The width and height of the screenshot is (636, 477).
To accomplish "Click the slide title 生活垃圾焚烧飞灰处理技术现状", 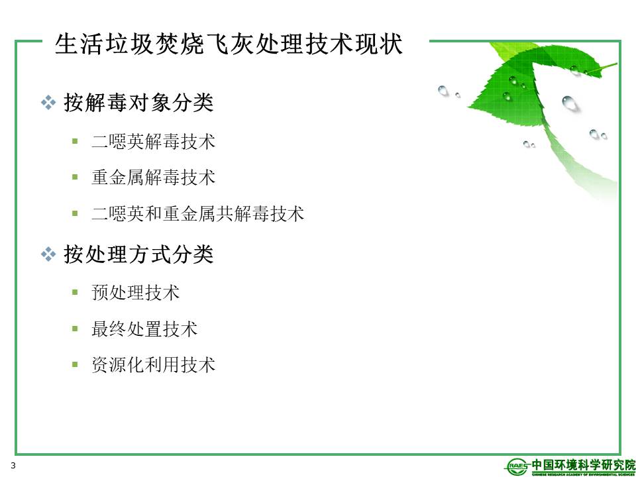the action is (229, 44).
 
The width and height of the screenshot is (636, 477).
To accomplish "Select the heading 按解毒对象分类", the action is (138, 102).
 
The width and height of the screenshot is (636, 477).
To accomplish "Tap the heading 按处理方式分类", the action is (138, 254).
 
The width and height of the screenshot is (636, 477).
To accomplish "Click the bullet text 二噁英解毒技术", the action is (153, 142).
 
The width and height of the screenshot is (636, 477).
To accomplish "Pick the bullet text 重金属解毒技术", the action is (153, 178).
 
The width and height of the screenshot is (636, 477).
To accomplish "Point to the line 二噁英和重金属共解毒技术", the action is (198, 213).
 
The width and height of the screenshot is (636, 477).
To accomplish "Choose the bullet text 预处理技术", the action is (135, 292).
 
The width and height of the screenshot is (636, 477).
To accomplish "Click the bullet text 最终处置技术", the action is (144, 329).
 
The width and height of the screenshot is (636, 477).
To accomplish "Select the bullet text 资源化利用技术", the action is (153, 364).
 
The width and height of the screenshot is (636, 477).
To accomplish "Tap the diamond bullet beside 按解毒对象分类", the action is (48, 103).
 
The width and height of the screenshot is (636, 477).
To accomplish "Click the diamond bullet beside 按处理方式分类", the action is (48, 254).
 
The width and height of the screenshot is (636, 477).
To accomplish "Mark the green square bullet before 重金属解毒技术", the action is (75, 177).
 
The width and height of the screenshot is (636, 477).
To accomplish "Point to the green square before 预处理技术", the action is (75, 292).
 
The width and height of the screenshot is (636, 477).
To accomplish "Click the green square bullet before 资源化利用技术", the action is (75, 364).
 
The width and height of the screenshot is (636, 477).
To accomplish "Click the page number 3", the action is (13, 465).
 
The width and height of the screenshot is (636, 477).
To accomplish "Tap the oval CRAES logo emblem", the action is (517, 466).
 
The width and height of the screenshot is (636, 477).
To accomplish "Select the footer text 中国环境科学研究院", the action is (583, 464).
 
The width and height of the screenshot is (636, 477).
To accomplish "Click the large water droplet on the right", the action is (570, 103).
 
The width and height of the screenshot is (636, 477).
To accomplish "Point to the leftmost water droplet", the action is (443, 91).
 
